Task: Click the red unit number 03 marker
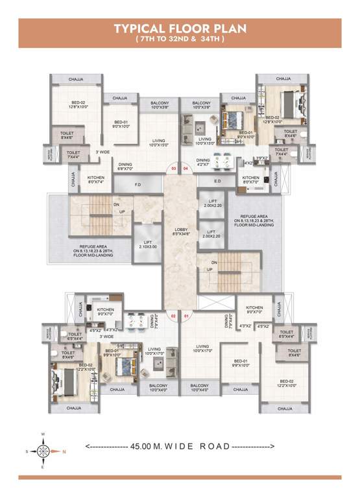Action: pyautogui.click(x=173, y=169)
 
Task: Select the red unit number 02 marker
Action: pyautogui.click(x=173, y=316)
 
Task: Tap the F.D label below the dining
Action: pyautogui.click(x=138, y=185)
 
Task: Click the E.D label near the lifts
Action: pyautogui.click(x=217, y=182)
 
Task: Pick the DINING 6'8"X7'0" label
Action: pyautogui.click(x=126, y=165)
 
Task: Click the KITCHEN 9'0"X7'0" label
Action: pyautogui.click(x=106, y=312)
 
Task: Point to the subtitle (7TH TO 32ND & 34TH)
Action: pyautogui.click(x=180, y=39)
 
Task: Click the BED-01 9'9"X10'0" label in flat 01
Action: pyautogui.click(x=240, y=363)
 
